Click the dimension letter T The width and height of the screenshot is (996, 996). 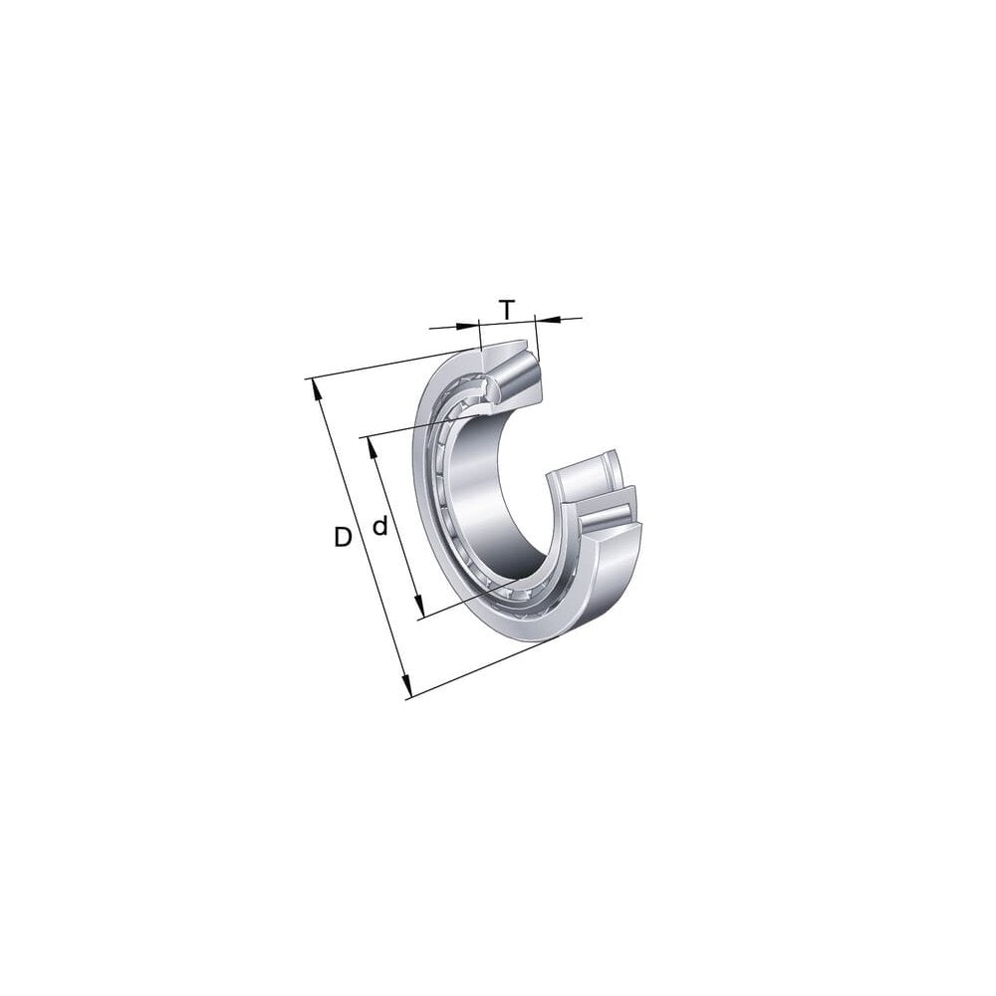click(x=506, y=310)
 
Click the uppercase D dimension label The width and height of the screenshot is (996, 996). click(x=343, y=538)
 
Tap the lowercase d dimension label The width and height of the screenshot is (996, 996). click(x=379, y=526)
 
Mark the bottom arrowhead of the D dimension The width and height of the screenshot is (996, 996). click(x=407, y=686)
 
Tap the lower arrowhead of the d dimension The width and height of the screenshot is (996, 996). click(x=418, y=606)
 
